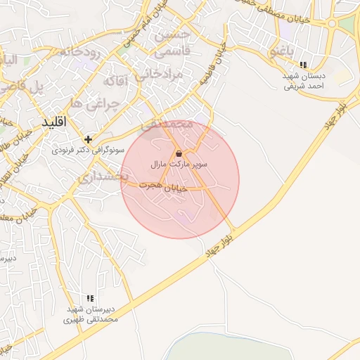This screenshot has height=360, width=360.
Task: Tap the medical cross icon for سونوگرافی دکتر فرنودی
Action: click(x=88, y=139)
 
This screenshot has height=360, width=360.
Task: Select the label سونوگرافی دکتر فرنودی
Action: click(x=88, y=150)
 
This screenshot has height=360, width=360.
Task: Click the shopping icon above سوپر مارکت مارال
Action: click(x=179, y=153)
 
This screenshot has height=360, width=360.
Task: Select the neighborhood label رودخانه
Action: click(x=79, y=52)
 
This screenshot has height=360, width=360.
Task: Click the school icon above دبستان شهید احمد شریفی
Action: click(x=302, y=65)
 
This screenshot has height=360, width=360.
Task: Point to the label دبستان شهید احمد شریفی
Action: click(x=303, y=82)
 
